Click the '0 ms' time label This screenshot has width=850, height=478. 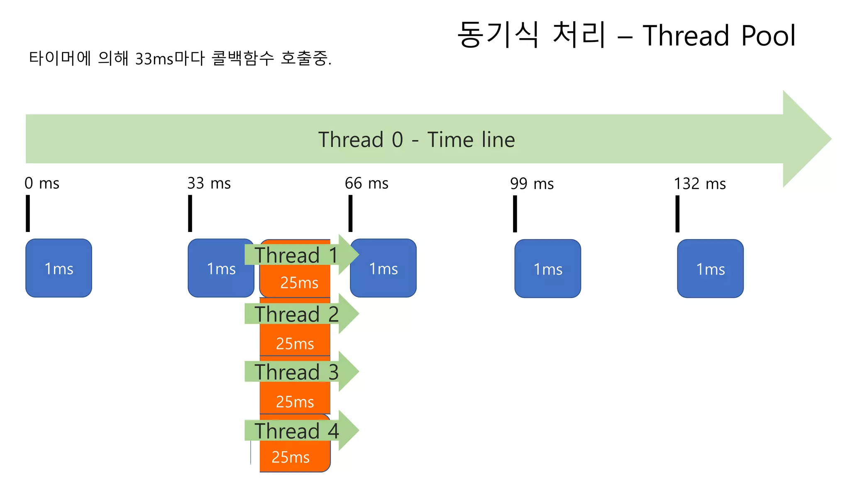point(42,183)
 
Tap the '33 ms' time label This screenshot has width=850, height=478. point(209,183)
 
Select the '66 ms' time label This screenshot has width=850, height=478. point(366,183)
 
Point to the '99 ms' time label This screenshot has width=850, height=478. point(532,184)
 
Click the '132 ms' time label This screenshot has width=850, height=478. point(700,184)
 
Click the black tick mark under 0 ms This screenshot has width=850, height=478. point(28,213)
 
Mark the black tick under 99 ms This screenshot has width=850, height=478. point(515,214)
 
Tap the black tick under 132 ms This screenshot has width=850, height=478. point(677,214)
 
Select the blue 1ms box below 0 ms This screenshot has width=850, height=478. point(59,268)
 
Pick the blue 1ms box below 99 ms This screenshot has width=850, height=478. point(547,268)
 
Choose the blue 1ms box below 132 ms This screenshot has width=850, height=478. point(710,268)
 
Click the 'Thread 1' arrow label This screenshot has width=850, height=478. point(296,255)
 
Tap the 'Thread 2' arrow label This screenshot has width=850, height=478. point(296,314)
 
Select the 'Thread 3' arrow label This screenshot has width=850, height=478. point(296,371)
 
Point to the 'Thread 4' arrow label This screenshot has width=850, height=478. point(296,431)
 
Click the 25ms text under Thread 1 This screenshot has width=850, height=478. point(299,283)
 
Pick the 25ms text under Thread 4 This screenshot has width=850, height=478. point(291,457)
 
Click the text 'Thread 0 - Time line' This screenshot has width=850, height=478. point(416,139)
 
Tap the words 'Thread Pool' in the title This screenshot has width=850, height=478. point(719,36)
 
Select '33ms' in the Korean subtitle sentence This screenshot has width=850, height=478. point(154,59)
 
